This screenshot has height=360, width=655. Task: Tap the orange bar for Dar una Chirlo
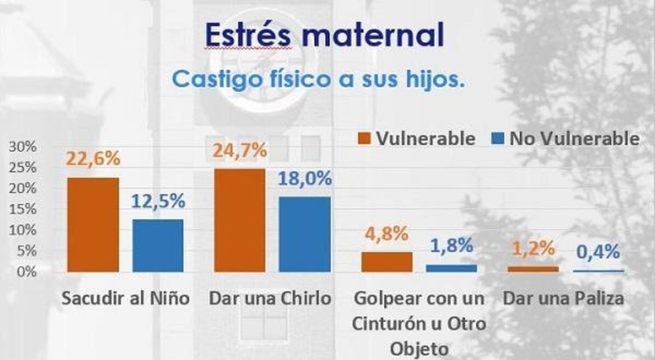pos(240,220)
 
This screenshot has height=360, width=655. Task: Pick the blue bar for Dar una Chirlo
pos(304,234)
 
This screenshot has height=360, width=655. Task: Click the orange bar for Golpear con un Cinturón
pos(386,261)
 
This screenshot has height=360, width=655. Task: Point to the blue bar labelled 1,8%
pos(452,268)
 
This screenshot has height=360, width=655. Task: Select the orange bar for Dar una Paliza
pos(533,269)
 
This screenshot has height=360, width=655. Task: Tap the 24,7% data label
pos(240,150)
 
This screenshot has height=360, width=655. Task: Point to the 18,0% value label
pos(304,178)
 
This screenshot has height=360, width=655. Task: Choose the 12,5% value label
pos(158,200)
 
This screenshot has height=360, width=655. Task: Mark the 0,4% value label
pos(599,251)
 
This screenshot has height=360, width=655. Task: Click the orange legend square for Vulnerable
pos(363,139)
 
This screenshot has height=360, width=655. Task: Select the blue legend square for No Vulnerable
pos(497,139)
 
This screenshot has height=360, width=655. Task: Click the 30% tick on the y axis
pos(22,146)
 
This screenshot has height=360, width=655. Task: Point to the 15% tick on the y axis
pos(22,209)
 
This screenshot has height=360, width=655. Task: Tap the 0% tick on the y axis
pos(26,271)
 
